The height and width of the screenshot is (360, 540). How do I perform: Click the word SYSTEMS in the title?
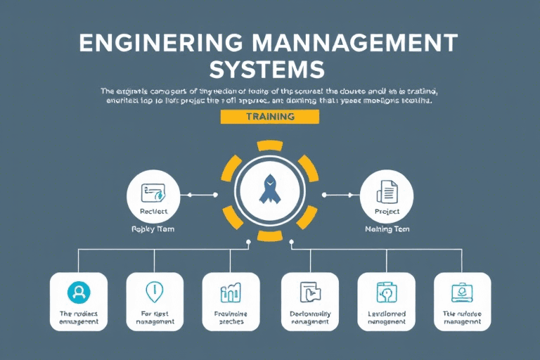click(x=269, y=69)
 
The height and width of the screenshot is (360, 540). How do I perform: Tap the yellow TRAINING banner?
click(x=270, y=117)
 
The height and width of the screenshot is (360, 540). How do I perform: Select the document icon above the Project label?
click(x=387, y=191)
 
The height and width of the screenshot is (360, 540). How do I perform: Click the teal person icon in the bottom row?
click(x=79, y=292)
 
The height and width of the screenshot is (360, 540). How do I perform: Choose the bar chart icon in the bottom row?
click(x=231, y=292)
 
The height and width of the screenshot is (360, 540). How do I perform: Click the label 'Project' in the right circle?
click(x=387, y=211)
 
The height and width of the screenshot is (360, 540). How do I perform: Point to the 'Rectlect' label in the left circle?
click(x=153, y=211)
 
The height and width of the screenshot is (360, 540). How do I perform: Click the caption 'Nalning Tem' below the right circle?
click(x=387, y=229)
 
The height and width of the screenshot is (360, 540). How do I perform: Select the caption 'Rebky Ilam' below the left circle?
click(x=153, y=229)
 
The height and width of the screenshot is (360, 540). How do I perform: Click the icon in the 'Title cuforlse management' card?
click(x=462, y=291)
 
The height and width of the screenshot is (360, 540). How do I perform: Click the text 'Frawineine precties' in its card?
click(x=231, y=317)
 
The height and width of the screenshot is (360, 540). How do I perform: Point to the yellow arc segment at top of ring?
click(x=270, y=146)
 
